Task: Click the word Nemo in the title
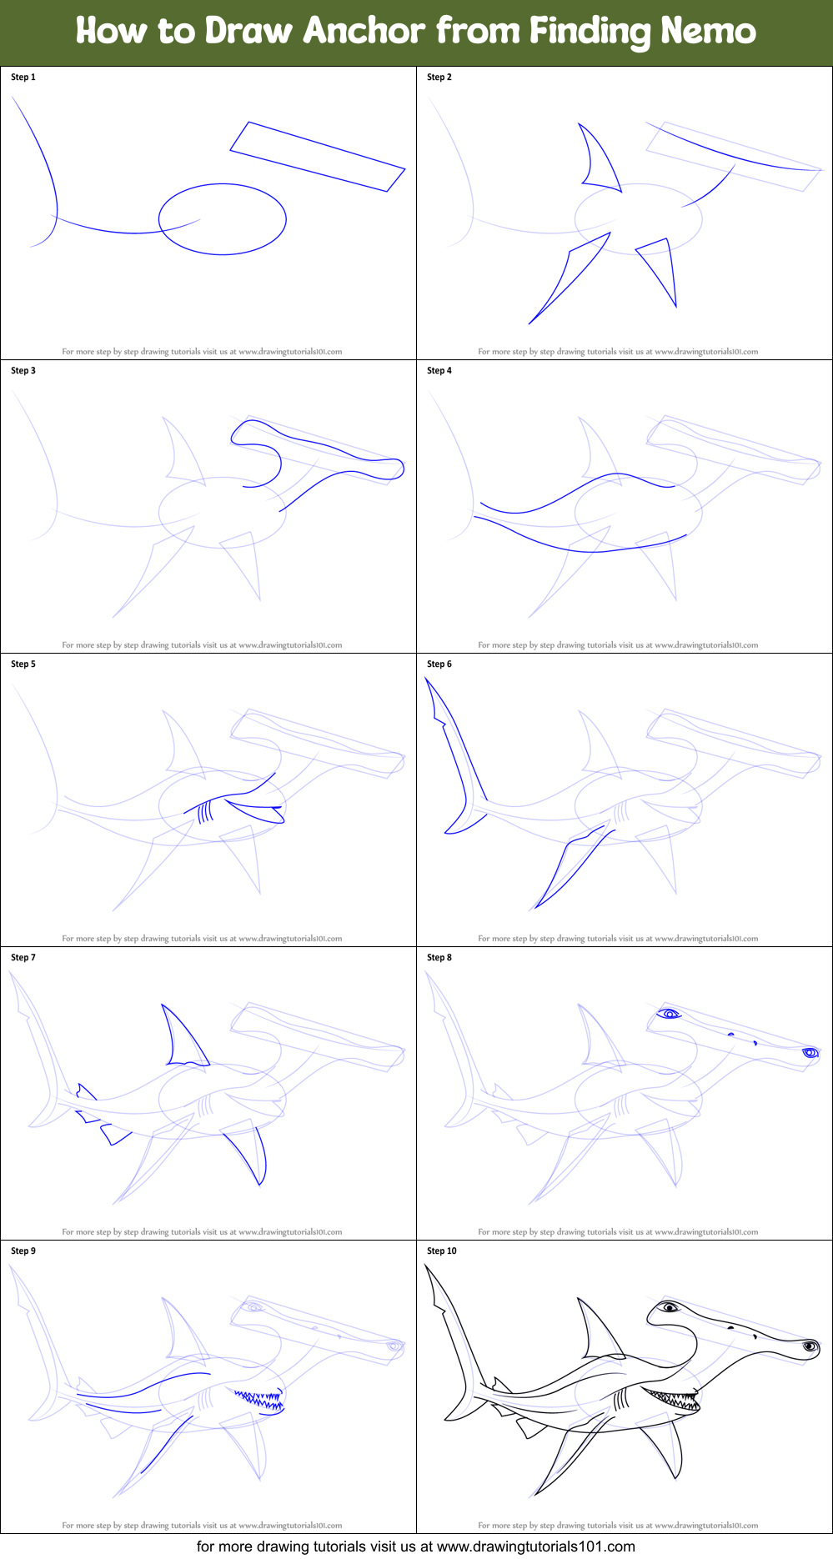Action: (x=708, y=32)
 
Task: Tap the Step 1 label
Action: (x=23, y=77)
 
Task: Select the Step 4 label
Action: (x=439, y=370)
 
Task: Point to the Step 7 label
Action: (x=23, y=957)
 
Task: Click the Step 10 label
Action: (x=442, y=1251)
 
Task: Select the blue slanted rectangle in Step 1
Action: (x=317, y=157)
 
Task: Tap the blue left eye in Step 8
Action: (x=669, y=1014)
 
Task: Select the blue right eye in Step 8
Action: (x=809, y=1053)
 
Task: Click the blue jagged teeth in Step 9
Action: (x=260, y=1398)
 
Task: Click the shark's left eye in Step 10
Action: (x=669, y=1307)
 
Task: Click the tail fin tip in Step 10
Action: (x=427, y=1268)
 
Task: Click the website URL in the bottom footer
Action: (x=535, y=1546)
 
